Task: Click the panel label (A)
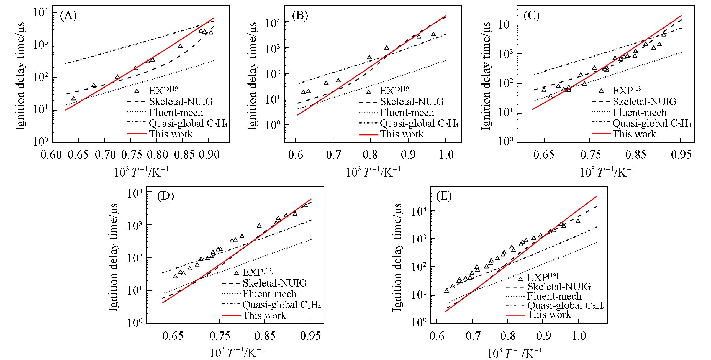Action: tap(68, 16)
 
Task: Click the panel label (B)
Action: tap(300, 16)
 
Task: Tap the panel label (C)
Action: tap(532, 16)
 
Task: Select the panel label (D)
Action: tap(165, 196)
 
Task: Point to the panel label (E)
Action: tap(444, 196)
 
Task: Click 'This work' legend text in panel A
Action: tap(171, 134)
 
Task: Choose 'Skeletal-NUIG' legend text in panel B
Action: tap(412, 102)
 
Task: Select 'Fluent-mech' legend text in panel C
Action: tap(640, 112)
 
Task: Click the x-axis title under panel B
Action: tap(373, 172)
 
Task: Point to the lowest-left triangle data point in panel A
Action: tap(74, 98)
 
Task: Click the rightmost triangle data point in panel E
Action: tap(578, 221)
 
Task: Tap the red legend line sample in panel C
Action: tap(601, 134)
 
